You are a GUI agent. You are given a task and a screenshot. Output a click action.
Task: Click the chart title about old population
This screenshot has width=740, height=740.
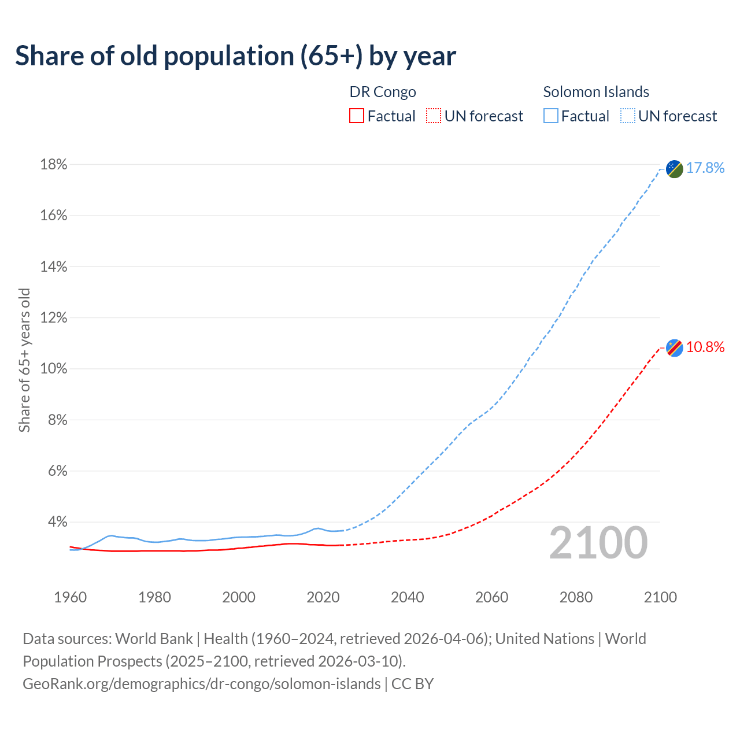coord(235,56)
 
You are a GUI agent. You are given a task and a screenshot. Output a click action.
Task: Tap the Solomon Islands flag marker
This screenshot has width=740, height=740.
coord(674,169)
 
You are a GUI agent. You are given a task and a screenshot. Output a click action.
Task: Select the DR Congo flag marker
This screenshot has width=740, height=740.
coord(674,348)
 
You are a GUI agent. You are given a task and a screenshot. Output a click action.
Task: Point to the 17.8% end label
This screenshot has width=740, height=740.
coord(705,168)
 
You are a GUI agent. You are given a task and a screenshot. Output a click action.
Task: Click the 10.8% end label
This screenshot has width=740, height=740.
coord(705,347)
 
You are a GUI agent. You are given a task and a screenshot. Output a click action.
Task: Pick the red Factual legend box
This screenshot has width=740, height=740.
coord(357,116)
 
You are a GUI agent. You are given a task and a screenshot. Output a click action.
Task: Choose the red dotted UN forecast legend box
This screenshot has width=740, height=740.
coord(434,116)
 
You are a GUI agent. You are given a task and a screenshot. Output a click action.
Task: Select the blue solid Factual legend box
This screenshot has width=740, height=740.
coord(550,116)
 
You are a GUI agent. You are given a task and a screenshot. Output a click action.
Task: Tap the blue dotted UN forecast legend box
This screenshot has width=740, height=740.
coord(627,116)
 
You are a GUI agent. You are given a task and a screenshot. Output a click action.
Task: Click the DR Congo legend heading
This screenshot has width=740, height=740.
coord(383,92)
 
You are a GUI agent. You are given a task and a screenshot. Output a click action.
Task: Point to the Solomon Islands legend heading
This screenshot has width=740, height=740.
coord(596,92)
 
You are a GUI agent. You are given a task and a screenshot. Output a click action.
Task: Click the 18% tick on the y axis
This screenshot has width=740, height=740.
coord(53,165)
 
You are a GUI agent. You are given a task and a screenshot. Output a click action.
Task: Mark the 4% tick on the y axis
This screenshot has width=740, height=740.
coord(57,522)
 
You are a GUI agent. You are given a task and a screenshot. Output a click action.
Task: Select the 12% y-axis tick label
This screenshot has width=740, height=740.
coord(53,318)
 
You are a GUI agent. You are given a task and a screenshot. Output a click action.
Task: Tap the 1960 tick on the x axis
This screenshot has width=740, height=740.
coord(70,597)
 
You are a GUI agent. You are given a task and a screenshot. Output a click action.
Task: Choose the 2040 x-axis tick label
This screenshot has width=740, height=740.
coord(407,597)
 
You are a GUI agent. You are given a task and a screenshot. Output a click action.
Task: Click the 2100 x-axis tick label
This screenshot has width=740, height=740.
coord(660,597)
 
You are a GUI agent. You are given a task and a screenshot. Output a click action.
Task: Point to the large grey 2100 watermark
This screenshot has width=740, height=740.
coord(598,543)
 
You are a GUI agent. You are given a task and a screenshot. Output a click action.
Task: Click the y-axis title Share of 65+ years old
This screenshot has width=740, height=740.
coord(24,360)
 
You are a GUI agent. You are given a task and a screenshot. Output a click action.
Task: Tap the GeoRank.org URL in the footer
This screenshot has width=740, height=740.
coord(201,684)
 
